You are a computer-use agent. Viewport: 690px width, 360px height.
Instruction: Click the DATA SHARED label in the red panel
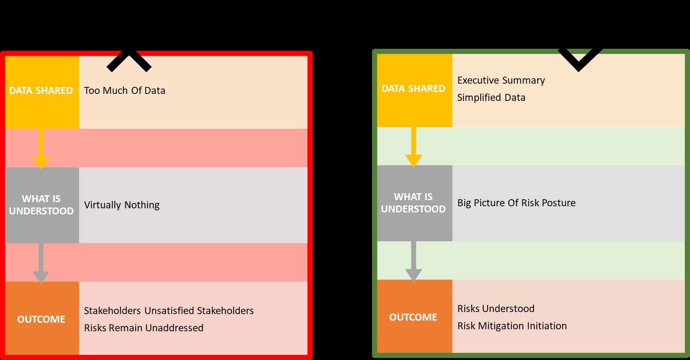pyautogui.click(x=41, y=91)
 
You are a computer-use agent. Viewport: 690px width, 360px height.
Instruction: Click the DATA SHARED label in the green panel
pyautogui.click(x=413, y=89)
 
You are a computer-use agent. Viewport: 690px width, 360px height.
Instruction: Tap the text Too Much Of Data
pyautogui.click(x=125, y=91)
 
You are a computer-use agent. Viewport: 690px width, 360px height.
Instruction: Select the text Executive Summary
pyautogui.click(x=501, y=80)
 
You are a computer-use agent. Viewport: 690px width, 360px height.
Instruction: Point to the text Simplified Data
pyautogui.click(x=491, y=98)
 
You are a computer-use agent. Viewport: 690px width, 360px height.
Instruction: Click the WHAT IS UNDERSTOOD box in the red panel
pyautogui.click(x=41, y=205)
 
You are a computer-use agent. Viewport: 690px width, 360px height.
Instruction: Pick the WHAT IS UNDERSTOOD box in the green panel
pyautogui.click(x=413, y=203)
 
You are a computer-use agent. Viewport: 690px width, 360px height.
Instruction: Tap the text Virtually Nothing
pyautogui.click(x=122, y=205)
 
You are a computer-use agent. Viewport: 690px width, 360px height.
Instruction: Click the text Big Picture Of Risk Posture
pyautogui.click(x=516, y=203)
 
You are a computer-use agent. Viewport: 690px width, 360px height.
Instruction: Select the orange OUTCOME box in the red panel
pyautogui.click(x=41, y=319)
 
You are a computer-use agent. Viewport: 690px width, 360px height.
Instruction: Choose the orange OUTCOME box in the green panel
pyautogui.click(x=413, y=317)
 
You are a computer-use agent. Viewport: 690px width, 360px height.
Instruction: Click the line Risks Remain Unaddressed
pyautogui.click(x=143, y=328)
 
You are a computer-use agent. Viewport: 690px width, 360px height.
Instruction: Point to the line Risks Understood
pyautogui.click(x=496, y=309)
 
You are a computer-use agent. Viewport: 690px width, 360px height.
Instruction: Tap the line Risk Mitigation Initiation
pyautogui.click(x=512, y=326)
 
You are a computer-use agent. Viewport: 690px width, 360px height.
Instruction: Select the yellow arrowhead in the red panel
pyautogui.click(x=41, y=162)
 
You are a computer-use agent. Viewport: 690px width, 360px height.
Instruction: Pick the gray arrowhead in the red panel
pyautogui.click(x=41, y=276)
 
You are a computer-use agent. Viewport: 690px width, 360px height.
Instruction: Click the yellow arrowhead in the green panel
pyautogui.click(x=413, y=160)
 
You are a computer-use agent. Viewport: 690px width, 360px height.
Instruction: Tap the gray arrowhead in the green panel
pyautogui.click(x=413, y=274)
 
